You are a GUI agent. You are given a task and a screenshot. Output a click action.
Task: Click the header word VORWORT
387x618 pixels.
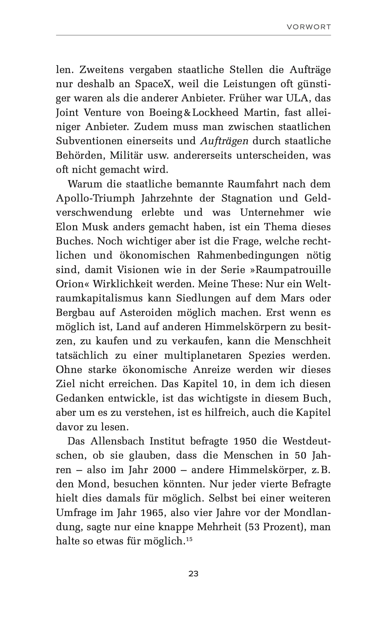(x=309, y=27)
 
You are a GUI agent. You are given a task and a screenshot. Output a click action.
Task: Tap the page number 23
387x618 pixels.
(x=193, y=574)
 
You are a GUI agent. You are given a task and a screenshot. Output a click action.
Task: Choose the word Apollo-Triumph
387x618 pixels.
(x=96, y=198)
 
